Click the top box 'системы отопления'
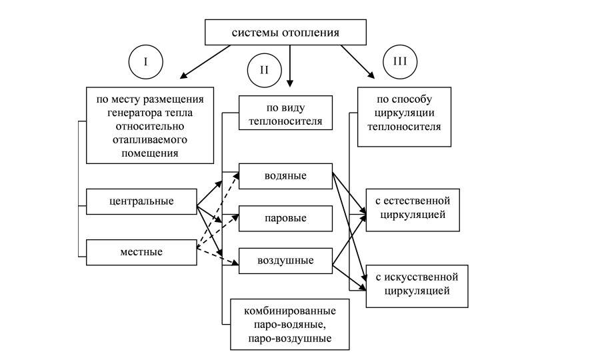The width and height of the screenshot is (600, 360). [x=285, y=32]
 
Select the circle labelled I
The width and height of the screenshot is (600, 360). [x=145, y=62]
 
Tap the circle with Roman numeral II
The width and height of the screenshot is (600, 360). [x=264, y=71]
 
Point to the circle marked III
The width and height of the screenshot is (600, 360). [x=400, y=62]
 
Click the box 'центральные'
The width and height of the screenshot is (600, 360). [x=141, y=201]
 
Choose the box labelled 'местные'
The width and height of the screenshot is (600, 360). [x=141, y=252]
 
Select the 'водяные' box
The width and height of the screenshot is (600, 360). [x=285, y=176]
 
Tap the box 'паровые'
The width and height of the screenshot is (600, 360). [x=285, y=218]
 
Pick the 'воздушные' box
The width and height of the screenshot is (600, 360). [x=285, y=260]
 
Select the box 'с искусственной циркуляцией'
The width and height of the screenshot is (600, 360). [x=412, y=284]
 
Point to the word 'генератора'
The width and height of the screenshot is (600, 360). [x=132, y=112]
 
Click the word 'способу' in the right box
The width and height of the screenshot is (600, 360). [x=422, y=99]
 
